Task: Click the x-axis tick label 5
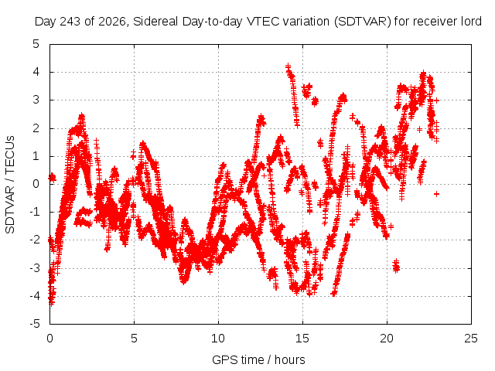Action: pyautogui.click(x=134, y=339)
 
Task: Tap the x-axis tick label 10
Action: pyautogui.click(x=218, y=339)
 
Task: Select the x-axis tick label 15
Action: pyautogui.click(x=302, y=339)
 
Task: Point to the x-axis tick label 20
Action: pyautogui.click(x=387, y=339)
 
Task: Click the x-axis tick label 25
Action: pyautogui.click(x=471, y=339)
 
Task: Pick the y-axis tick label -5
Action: pyautogui.click(x=36, y=324)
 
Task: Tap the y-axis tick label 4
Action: pyautogui.click(x=36, y=72)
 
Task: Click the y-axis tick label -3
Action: pyautogui.click(x=36, y=268)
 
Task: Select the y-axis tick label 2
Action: pyautogui.click(x=36, y=128)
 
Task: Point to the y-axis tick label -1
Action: pyautogui.click(x=36, y=212)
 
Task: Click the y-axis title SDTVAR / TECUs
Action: pyautogui.click(x=10, y=185)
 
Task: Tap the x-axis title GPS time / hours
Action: pyautogui.click(x=258, y=359)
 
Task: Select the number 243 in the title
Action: pyautogui.click(x=70, y=22)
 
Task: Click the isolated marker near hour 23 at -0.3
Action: pyautogui.click(x=436, y=194)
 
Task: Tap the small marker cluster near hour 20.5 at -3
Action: pyautogui.click(x=396, y=266)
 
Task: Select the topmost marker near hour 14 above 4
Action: pyautogui.click(x=288, y=66)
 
